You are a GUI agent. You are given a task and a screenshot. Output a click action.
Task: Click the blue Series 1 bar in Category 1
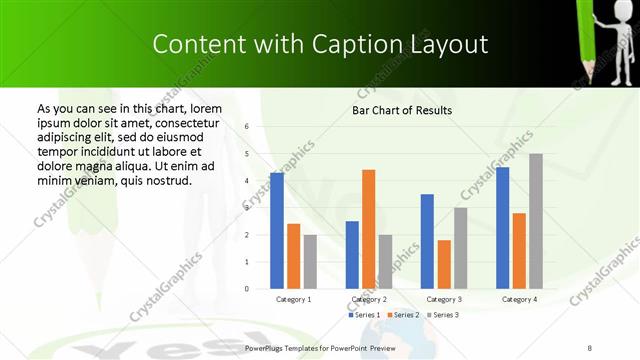point(277,231)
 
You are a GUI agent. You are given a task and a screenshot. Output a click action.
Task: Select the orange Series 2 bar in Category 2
point(368,229)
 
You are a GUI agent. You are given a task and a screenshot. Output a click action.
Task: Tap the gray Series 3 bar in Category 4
point(535,221)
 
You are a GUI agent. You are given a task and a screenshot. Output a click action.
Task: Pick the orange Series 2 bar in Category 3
point(443,264)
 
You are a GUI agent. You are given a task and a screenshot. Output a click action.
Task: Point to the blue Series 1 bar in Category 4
point(502,228)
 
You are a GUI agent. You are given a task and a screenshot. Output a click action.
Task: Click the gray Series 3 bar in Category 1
point(310,262)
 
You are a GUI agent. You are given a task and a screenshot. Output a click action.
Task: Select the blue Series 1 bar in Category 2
point(352,255)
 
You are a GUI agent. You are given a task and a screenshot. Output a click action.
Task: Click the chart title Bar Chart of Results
point(402,110)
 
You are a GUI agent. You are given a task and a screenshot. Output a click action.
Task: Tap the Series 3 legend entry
point(443,315)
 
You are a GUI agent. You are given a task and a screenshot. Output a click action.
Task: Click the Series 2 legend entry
point(403,315)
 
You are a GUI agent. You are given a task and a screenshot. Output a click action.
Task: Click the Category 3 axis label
point(443,299)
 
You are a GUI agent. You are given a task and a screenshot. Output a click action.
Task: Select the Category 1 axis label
point(293,299)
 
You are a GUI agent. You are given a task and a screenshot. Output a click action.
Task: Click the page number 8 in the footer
point(590,346)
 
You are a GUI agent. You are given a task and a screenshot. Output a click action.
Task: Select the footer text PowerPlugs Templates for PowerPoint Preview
point(321,346)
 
